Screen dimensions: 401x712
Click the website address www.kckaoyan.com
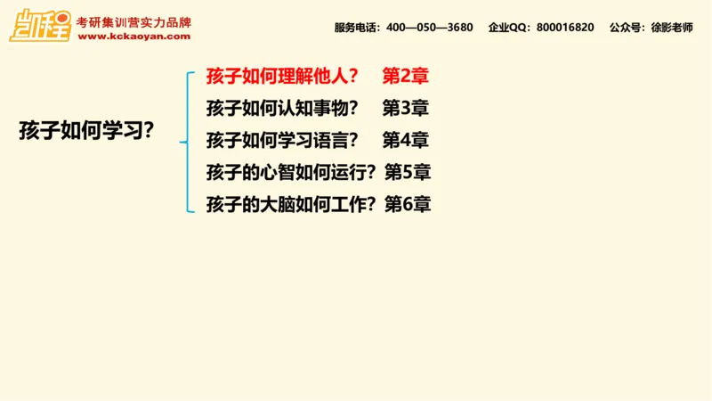(x=133, y=37)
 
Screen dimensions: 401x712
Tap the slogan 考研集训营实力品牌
(x=133, y=21)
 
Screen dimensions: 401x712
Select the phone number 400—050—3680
(x=430, y=28)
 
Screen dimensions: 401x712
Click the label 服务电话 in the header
(x=357, y=28)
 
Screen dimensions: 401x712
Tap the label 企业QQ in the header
(x=508, y=28)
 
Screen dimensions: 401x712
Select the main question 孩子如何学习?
(x=87, y=130)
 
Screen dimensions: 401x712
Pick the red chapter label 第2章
(x=406, y=76)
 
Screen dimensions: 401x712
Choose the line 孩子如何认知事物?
(x=282, y=109)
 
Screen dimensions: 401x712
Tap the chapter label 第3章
(x=406, y=109)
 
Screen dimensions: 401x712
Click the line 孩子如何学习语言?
(x=282, y=141)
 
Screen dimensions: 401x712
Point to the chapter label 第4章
(x=406, y=141)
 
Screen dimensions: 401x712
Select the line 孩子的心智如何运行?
(x=290, y=172)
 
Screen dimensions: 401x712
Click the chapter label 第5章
(x=408, y=172)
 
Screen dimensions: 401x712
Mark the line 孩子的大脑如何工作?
(x=290, y=204)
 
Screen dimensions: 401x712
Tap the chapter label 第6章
(x=408, y=204)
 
